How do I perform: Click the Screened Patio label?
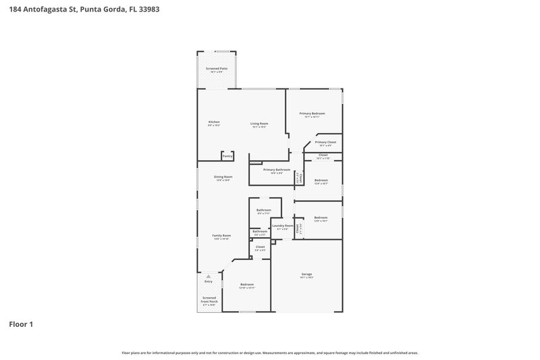[x=216, y=69]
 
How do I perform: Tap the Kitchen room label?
[x=213, y=122]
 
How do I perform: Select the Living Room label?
[x=259, y=124]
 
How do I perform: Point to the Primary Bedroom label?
[x=313, y=113]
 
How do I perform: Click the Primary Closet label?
[x=325, y=143]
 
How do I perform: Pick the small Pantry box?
[x=227, y=156]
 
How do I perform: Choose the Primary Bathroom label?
[x=277, y=170]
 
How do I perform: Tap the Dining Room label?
[x=223, y=177]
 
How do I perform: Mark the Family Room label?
[x=222, y=236]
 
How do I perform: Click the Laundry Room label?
[x=282, y=226]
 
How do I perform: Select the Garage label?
[x=306, y=274]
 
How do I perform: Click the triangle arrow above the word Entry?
[x=209, y=276]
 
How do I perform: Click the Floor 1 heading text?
[x=21, y=324]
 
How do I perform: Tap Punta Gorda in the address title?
[x=101, y=9]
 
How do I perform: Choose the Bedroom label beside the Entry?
[x=247, y=284]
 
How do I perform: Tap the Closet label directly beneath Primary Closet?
[x=323, y=155]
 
